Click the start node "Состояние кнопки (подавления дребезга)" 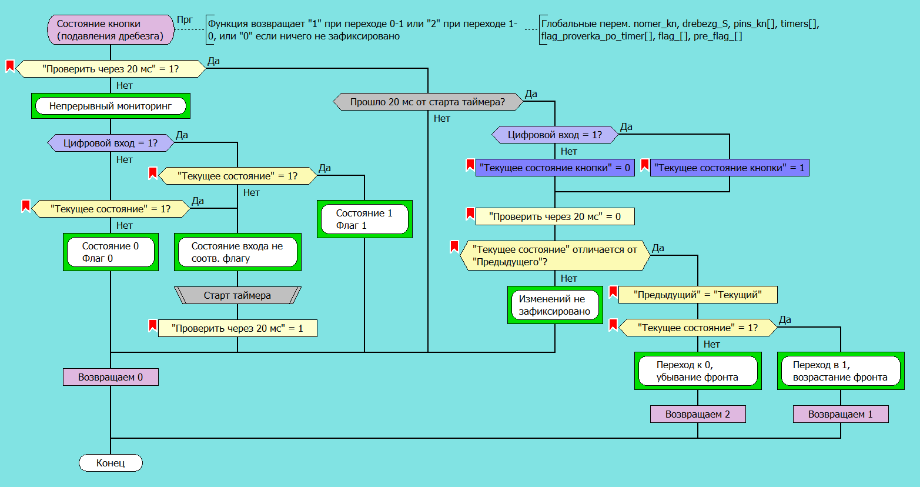(111, 30)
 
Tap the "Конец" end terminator (111, 463)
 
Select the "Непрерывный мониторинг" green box (111, 106)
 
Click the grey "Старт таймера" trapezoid (237, 295)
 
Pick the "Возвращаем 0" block (111, 377)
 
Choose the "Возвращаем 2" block (698, 414)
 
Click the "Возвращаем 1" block (841, 414)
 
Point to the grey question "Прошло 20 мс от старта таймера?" (428, 102)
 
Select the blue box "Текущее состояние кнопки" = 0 (555, 168)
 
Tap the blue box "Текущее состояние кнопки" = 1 (730, 168)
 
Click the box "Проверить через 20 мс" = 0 (555, 216)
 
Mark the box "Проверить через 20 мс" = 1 (237, 328)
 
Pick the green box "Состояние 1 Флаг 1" (364, 219)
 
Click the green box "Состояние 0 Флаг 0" (111, 252)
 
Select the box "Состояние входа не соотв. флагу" (237, 252)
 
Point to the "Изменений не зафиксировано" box (555, 305)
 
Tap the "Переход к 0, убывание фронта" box (698, 371)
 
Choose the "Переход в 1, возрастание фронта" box (841, 371)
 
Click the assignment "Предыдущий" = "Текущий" (698, 295)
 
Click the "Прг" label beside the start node (185, 20)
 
